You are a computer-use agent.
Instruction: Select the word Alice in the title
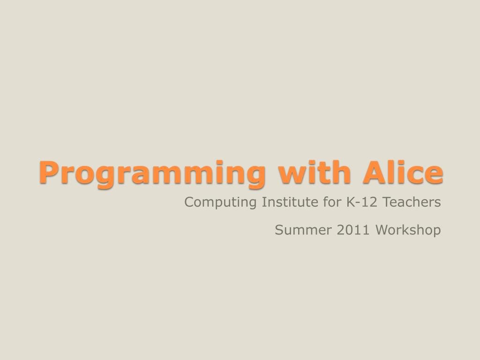(x=403, y=172)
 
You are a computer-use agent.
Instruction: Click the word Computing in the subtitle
(x=221, y=202)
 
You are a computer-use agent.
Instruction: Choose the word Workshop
(x=408, y=230)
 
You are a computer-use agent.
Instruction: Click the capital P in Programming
(x=47, y=172)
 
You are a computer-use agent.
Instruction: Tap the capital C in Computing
(x=189, y=202)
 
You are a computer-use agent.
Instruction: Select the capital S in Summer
(x=279, y=230)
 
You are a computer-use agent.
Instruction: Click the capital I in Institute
(x=263, y=202)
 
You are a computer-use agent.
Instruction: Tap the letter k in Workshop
(x=409, y=230)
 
